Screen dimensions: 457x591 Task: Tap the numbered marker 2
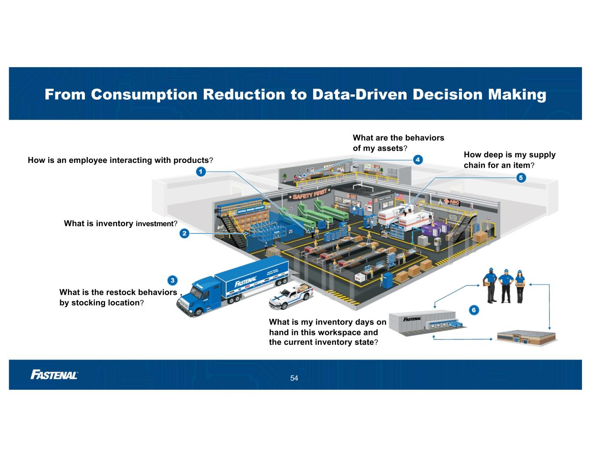(184, 233)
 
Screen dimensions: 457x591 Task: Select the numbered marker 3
(172, 280)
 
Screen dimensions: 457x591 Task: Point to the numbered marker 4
(417, 159)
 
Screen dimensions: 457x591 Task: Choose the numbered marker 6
(474, 310)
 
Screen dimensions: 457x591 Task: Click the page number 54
(294, 378)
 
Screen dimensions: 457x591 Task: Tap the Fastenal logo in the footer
(54, 375)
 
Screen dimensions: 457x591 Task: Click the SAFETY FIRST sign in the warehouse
(310, 195)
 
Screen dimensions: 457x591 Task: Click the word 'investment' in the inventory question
(155, 224)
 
